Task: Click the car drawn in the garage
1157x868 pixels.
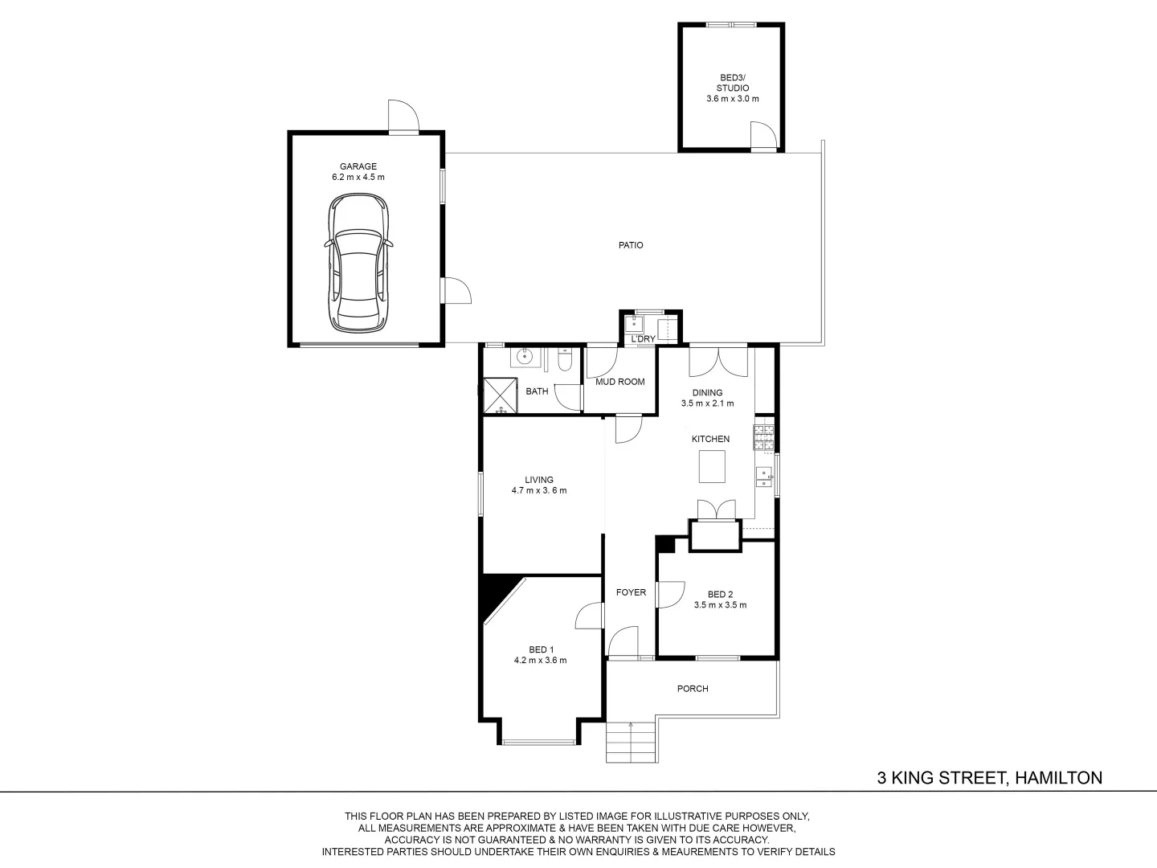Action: [x=358, y=263]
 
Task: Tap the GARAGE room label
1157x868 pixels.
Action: [x=358, y=166]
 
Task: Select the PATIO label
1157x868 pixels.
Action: [x=631, y=245]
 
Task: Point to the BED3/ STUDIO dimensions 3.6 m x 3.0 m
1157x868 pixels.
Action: [x=733, y=99]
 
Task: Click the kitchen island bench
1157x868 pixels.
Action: [x=712, y=466]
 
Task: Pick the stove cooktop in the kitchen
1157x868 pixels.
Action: [x=763, y=437]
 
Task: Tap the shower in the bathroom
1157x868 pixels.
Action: [x=501, y=395]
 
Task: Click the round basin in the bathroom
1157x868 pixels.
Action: [x=524, y=358]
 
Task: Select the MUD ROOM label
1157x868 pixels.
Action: [x=619, y=382]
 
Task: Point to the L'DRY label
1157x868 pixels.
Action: [x=643, y=339]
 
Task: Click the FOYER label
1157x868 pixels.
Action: [x=631, y=592]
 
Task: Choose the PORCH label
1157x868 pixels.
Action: [x=693, y=688]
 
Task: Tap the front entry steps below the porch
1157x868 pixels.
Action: [x=631, y=742]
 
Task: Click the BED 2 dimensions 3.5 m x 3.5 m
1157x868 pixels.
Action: [x=720, y=605]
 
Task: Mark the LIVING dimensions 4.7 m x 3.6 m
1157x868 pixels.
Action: [x=539, y=490]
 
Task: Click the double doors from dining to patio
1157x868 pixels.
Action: [x=718, y=362]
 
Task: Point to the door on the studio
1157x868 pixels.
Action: [x=764, y=136]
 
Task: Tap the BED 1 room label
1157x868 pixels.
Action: [x=542, y=650]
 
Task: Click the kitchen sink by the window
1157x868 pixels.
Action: [x=764, y=477]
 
